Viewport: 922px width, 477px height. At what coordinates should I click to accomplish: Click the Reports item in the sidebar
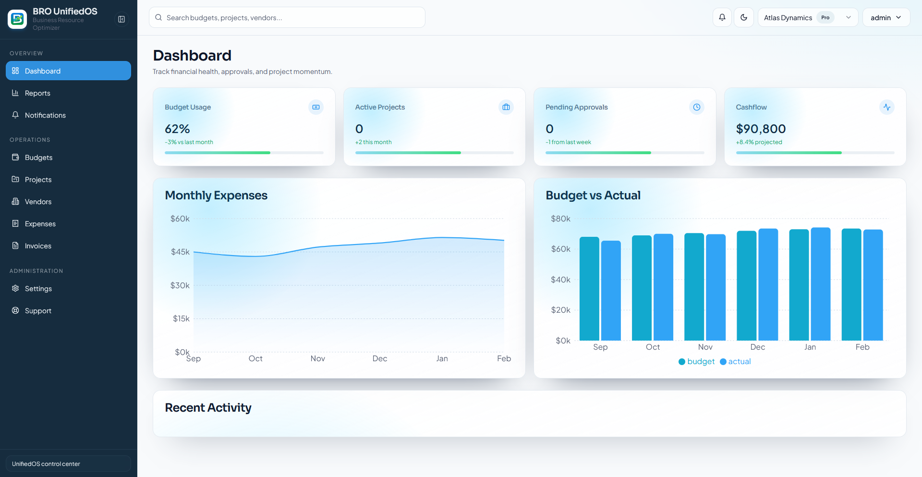(x=37, y=93)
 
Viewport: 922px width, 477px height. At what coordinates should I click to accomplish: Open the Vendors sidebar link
(x=38, y=202)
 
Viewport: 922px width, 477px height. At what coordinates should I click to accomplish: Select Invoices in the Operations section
(x=38, y=246)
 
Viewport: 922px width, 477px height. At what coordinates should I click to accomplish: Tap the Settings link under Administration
(x=38, y=289)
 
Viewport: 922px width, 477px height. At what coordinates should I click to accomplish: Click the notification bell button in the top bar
(x=722, y=18)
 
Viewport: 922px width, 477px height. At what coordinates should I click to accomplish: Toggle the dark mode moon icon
(x=744, y=18)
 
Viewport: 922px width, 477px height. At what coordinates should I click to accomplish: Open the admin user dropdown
(x=886, y=18)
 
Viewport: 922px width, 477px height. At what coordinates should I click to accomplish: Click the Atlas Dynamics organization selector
(x=807, y=18)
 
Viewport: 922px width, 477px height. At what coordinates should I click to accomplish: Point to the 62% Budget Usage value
(x=177, y=129)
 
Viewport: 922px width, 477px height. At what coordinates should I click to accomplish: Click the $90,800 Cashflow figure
(x=761, y=129)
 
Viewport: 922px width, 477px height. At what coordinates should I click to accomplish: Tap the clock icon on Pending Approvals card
(x=696, y=107)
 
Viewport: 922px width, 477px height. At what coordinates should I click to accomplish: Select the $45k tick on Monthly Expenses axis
(x=180, y=252)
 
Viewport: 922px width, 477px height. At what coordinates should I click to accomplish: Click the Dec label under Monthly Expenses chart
(x=379, y=358)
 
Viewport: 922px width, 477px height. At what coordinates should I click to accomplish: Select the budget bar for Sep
(x=589, y=288)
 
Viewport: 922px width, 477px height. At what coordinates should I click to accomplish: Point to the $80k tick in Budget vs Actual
(x=560, y=219)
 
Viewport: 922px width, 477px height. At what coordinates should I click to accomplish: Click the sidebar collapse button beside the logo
(x=121, y=19)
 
